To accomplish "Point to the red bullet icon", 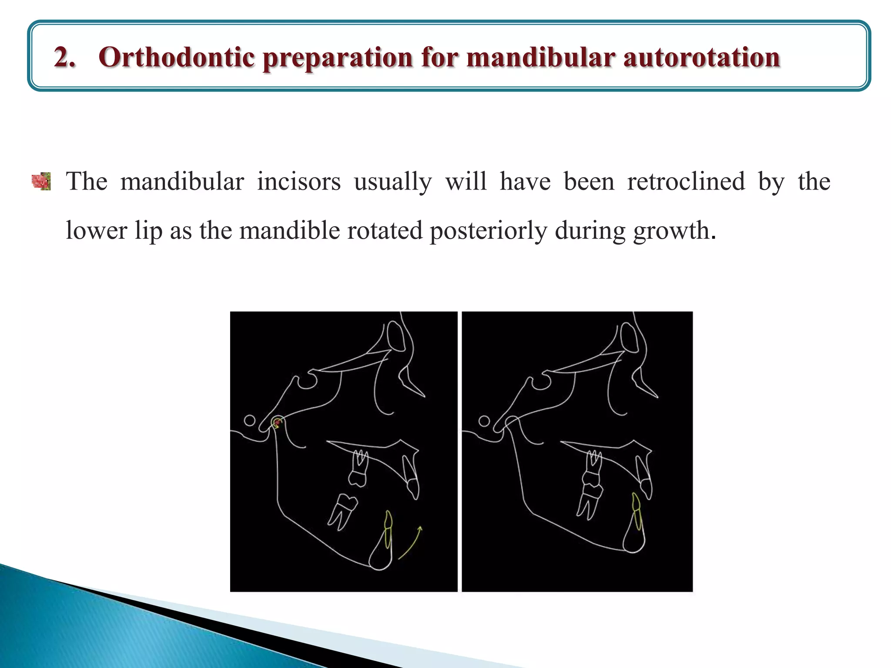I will pos(42,181).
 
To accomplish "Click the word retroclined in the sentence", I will pos(686,181).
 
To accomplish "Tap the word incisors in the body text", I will pos(298,181).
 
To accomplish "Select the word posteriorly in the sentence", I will pos(488,230).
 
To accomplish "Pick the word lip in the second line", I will pos(148,230).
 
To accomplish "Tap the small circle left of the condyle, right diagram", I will pos(484,421).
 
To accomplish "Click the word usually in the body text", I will pos(392,181).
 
